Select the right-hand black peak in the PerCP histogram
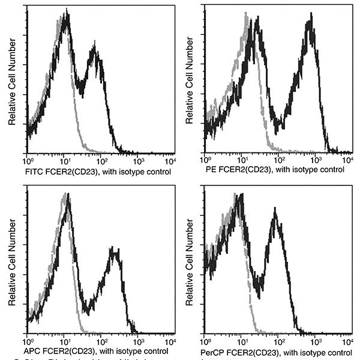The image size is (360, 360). pos(275,216)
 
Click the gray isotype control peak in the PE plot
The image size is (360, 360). pos(246,21)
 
